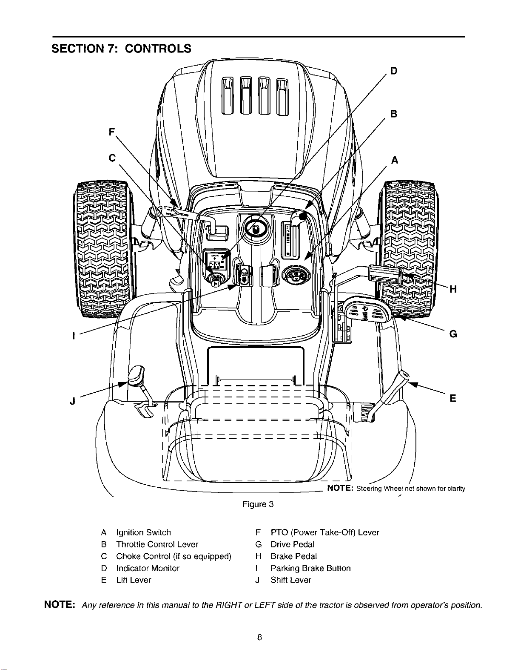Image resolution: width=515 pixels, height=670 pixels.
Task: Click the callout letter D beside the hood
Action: (394, 71)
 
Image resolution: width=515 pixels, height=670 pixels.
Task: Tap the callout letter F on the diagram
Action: (112, 132)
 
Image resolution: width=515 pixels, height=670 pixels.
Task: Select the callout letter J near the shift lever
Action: (73, 401)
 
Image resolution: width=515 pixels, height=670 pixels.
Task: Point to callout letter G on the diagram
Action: (453, 334)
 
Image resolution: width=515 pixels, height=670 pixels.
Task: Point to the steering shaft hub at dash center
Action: (256, 228)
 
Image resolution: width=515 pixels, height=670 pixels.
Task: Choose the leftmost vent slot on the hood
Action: (228, 96)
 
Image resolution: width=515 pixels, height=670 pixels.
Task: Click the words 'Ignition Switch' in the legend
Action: (143, 532)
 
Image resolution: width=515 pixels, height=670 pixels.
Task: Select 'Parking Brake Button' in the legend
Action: (310, 568)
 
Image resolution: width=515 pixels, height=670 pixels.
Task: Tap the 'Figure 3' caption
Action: (258, 504)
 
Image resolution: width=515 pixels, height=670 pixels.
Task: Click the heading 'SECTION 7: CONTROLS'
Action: (121, 49)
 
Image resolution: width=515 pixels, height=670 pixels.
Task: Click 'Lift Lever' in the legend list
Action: (134, 580)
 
